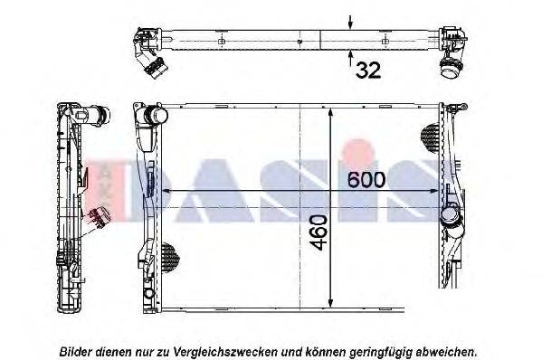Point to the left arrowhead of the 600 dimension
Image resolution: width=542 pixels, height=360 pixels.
pyautogui.click(x=163, y=191)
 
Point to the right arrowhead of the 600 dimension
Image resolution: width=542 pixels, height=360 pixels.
pyautogui.click(x=440, y=191)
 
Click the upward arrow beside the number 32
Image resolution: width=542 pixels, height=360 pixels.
pyautogui.click(x=351, y=59)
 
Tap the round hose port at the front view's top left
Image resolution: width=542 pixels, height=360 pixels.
pyautogui.click(x=156, y=118)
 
